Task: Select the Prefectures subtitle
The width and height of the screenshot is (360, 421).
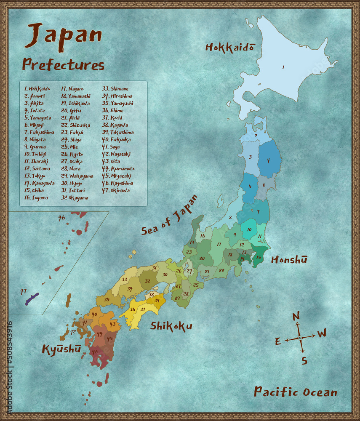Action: click(x=63, y=64)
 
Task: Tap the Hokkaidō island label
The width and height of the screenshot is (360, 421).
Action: click(x=229, y=47)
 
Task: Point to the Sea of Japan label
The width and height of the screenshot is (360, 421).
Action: click(x=169, y=215)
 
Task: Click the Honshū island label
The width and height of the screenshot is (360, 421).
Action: click(x=289, y=260)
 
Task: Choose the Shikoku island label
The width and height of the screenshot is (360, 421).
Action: click(x=171, y=326)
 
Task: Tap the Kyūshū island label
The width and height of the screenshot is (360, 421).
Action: click(x=61, y=349)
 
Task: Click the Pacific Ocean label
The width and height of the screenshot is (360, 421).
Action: click(x=295, y=392)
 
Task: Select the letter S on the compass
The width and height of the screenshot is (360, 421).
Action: click(x=304, y=360)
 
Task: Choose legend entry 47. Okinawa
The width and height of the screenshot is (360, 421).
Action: click(x=116, y=190)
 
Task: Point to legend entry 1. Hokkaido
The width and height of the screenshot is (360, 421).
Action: click(x=37, y=89)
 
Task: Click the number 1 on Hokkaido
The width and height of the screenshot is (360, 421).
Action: click(x=283, y=67)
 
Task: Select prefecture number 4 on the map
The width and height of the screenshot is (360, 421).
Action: click(x=268, y=160)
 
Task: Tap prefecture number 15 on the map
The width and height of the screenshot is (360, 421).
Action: click(x=259, y=258)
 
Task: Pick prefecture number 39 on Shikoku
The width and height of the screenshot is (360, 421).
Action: click(x=157, y=300)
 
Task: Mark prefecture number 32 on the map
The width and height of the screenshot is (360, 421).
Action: click(x=147, y=281)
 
